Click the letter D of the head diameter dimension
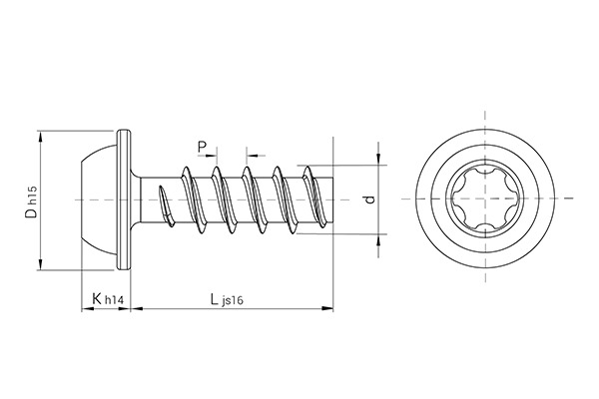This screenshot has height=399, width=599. pos(32,210)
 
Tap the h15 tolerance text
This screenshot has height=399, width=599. pos(33,193)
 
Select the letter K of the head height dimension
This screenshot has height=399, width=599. pos(96,298)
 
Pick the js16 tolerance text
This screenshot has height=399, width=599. pos(234,301)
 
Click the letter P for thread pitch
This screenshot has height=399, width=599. pos(203,149)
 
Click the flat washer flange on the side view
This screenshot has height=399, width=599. pos(125,199)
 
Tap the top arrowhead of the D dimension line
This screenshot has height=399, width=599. pos(41,136)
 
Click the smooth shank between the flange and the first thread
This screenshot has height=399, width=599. pos(147,199)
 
